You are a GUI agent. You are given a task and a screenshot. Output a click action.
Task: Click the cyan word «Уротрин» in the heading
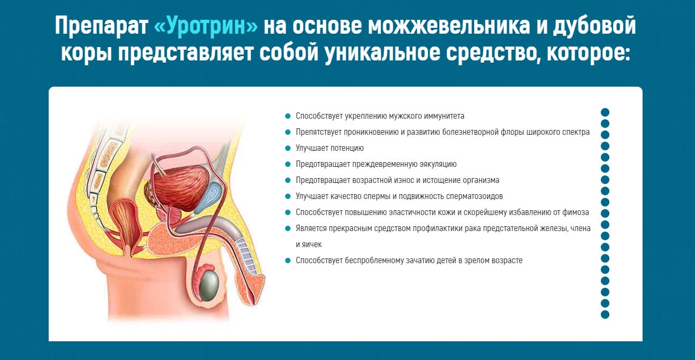tap(205, 26)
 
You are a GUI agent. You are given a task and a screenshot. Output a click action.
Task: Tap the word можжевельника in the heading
tap(449, 26)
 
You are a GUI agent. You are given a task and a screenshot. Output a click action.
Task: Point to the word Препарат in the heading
tap(101, 26)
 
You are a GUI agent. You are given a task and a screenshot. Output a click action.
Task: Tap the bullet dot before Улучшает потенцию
tap(288, 148)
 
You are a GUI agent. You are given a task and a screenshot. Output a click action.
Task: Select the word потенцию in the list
tap(347, 148)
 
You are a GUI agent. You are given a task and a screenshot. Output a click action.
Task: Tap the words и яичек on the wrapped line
tap(309, 244)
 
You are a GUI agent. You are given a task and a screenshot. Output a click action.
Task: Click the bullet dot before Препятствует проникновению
tap(288, 132)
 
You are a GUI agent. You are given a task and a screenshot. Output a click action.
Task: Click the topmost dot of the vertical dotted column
tap(605, 112)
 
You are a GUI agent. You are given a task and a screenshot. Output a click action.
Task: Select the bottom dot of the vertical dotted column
tap(605, 315)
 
